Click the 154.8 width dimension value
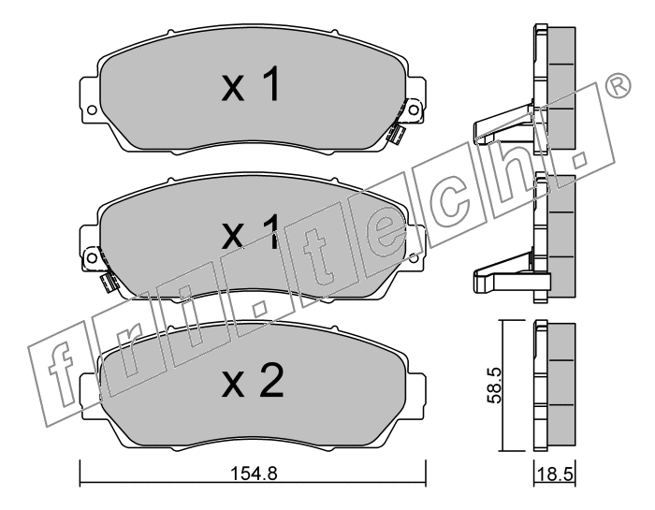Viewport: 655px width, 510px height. point(254,474)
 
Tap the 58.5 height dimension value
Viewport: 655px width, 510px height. point(495,386)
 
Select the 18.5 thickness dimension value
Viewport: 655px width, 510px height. point(555,475)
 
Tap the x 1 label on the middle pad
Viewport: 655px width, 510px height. point(250,232)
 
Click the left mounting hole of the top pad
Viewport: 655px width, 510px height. point(92,110)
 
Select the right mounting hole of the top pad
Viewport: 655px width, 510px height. point(414,109)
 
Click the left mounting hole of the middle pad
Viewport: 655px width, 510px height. point(92,257)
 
